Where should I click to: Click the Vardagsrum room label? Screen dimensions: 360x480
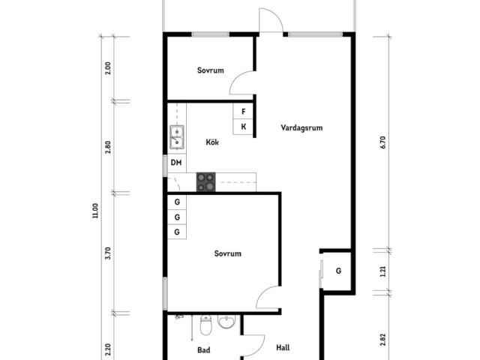(301, 128)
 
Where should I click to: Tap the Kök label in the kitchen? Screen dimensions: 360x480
(212, 142)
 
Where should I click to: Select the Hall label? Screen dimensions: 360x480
(283, 348)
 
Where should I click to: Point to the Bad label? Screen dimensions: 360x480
(203, 350)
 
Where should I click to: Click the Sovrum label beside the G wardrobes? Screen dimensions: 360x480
(227, 254)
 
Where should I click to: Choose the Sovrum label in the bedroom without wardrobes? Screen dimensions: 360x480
(211, 71)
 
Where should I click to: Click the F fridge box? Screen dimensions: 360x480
(243, 112)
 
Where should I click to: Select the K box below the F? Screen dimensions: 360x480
(243, 127)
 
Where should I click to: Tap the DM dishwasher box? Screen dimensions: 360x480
(176, 163)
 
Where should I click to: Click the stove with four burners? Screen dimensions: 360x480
(205, 181)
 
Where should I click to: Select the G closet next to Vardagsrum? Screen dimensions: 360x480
(339, 271)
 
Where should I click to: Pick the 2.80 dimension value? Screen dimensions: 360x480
(108, 147)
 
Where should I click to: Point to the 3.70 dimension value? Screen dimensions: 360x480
(108, 253)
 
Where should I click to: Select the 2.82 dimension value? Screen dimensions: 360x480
(382, 339)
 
